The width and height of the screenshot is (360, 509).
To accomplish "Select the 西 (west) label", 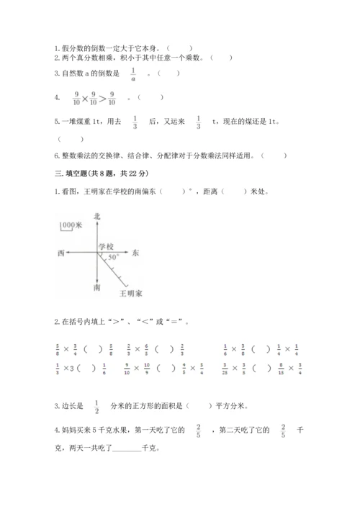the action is click(x=60, y=253).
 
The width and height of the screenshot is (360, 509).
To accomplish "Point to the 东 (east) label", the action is click(x=135, y=253).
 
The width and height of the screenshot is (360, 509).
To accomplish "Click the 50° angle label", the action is click(x=113, y=257).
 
